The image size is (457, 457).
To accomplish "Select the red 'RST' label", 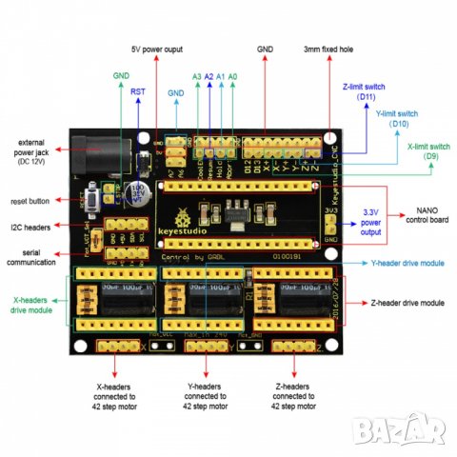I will [138, 91].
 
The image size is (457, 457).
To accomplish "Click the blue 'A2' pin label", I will [209, 75].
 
